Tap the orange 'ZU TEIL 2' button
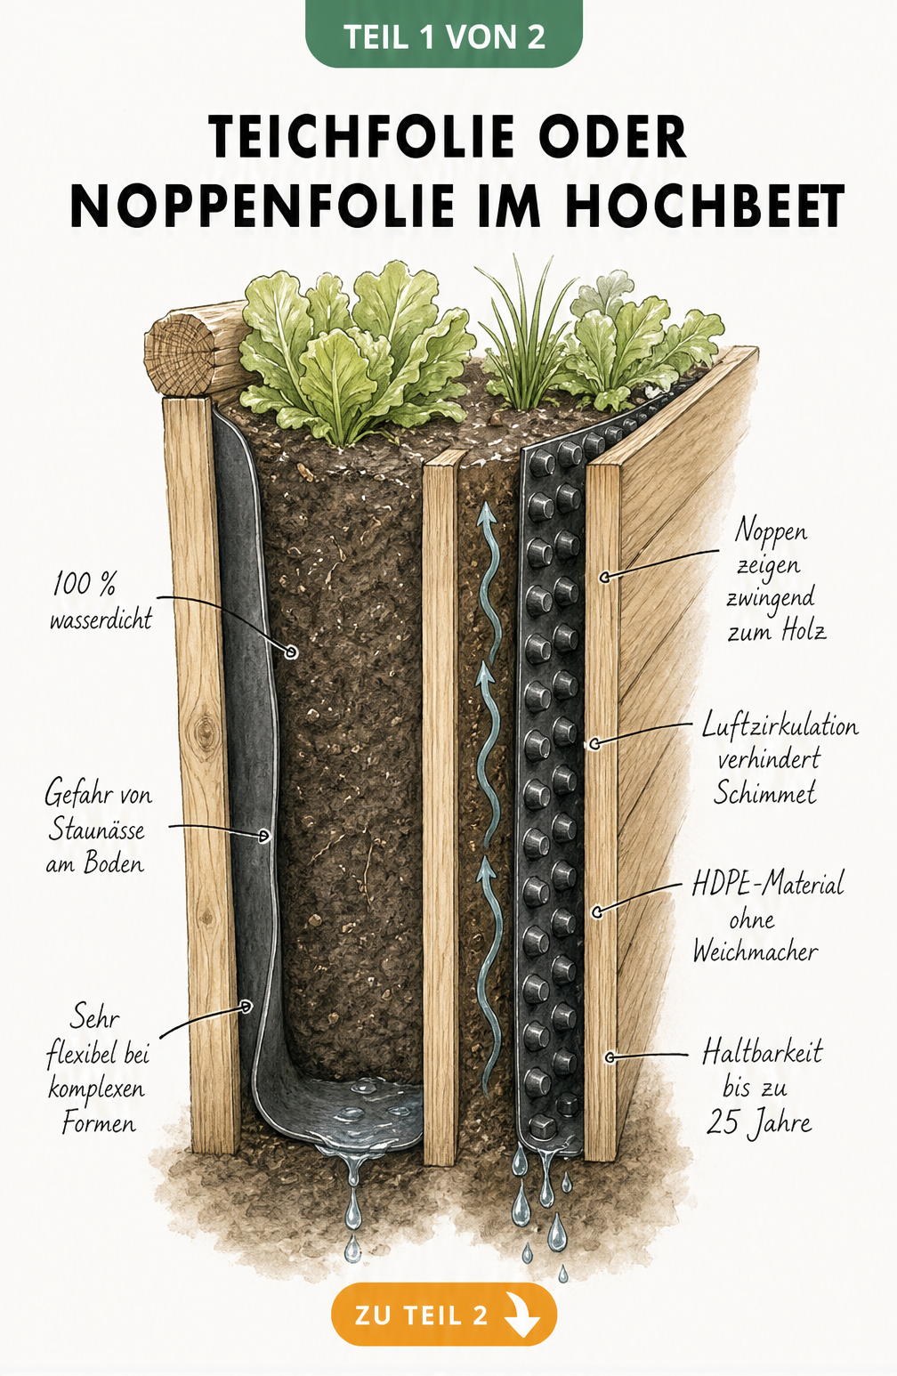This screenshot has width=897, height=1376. [443, 1315]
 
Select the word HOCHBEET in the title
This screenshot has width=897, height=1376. [705, 206]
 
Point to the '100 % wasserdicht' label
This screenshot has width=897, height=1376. [101, 601]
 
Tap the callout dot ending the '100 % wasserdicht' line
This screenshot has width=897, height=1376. [291, 652]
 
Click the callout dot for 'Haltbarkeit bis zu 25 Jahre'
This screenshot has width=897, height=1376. [610, 1057]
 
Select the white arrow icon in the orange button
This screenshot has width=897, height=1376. [522, 1315]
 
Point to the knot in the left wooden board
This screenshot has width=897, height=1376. [204, 731]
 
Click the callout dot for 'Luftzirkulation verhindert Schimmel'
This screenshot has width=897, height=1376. [594, 744]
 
